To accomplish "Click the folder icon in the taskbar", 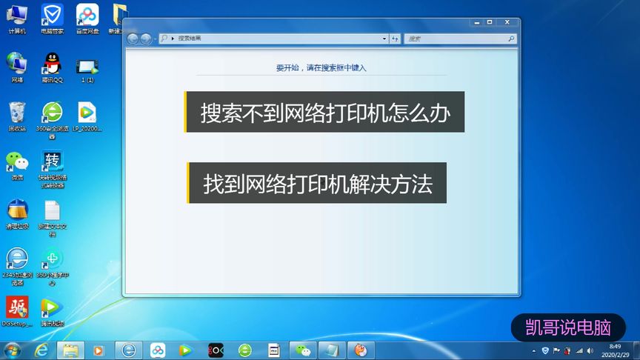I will click(x=71, y=350).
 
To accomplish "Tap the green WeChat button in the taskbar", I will click(x=303, y=350).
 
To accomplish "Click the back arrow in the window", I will click(x=133, y=39).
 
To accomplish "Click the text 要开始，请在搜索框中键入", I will click(x=321, y=67).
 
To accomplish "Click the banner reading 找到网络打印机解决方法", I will click(x=317, y=182).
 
